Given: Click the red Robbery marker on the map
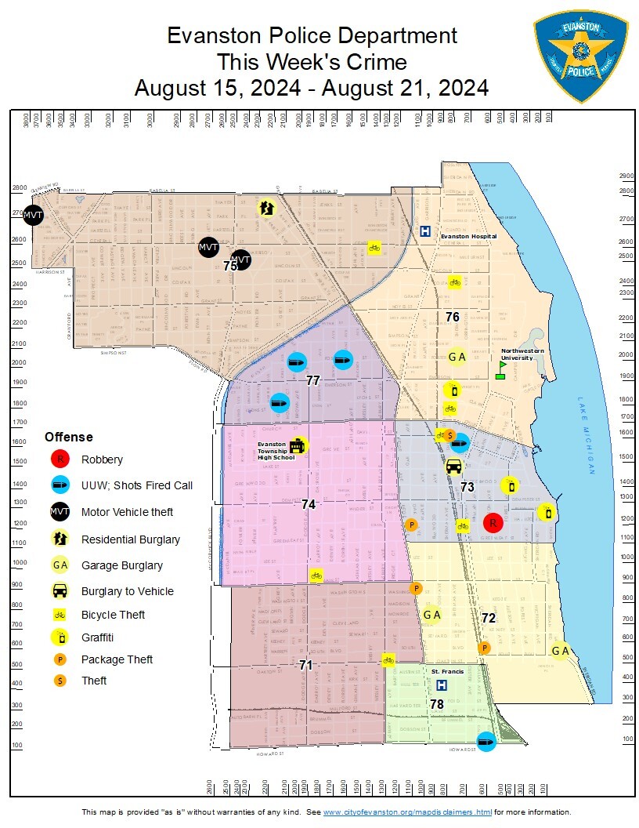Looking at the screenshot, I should click(x=493, y=523).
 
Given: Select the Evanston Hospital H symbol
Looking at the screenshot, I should click(x=425, y=231).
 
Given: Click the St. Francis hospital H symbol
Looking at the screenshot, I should click(x=441, y=685).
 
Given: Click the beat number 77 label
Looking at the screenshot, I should click(x=313, y=380).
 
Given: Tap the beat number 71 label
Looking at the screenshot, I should click(x=306, y=665).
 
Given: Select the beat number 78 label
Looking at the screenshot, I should click(x=437, y=705).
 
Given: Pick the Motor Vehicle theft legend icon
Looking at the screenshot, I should click(x=60, y=512).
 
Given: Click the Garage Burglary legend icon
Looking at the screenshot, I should click(x=60, y=565).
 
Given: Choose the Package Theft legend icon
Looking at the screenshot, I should click(x=60, y=659).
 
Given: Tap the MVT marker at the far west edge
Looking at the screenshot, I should click(x=32, y=214).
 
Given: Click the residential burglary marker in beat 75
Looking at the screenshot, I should click(x=267, y=208).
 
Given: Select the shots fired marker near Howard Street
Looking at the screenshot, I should click(x=486, y=741).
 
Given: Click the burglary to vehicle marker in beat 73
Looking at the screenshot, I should click(x=453, y=467).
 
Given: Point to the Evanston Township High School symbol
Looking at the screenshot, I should click(x=298, y=446).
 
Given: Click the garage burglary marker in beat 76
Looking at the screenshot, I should click(x=457, y=357).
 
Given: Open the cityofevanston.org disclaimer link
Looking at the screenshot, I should click(x=407, y=812).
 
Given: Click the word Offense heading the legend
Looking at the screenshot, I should click(x=68, y=437).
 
